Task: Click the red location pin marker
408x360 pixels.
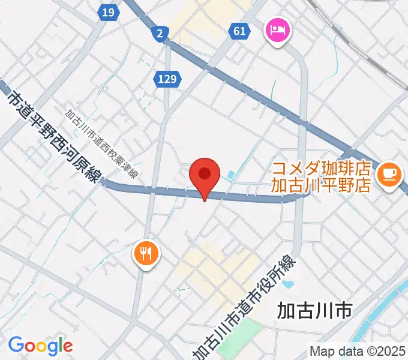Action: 204,175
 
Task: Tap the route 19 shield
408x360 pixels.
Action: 109,13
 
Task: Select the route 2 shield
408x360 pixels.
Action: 159,34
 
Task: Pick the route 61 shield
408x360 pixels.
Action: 239,31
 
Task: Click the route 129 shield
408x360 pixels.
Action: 168,78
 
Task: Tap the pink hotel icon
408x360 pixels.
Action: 277,29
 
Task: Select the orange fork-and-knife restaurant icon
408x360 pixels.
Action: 145,251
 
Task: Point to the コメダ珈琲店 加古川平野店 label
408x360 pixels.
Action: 321,176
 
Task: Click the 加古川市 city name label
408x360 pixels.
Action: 314,311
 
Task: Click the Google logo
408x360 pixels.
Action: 40,346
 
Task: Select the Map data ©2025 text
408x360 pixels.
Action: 358,351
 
